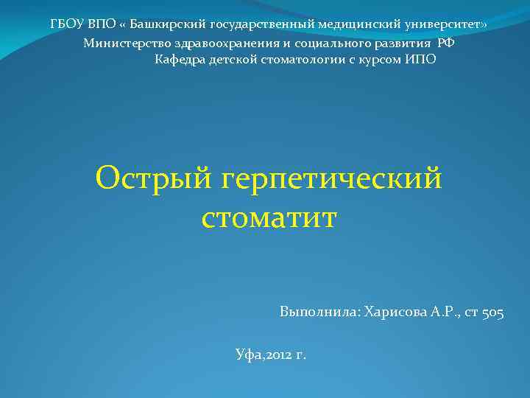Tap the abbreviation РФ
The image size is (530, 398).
point(446,42)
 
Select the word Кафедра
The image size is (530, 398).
point(180,59)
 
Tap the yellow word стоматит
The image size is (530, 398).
point(268,217)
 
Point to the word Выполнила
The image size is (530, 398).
point(319,313)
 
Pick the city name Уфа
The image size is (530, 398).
point(247,355)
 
